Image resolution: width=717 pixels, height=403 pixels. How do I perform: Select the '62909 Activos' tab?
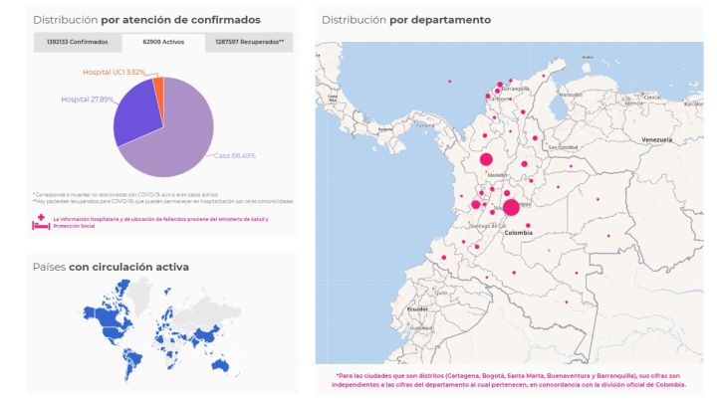click(x=163, y=43)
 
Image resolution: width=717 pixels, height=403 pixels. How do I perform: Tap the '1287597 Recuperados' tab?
click(x=250, y=43)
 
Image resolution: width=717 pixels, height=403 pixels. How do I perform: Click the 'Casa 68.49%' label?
click(x=235, y=155)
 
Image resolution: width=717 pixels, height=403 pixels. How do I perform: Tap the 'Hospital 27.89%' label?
click(x=87, y=100)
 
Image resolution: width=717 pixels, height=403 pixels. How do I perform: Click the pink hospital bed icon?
click(x=42, y=222)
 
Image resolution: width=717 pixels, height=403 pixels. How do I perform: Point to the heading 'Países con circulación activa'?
click(x=111, y=267)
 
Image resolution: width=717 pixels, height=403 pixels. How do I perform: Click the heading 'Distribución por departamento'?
click(x=406, y=20)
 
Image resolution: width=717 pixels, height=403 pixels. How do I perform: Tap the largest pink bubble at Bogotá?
click(x=511, y=207)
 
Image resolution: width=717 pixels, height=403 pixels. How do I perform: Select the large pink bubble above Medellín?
click(x=486, y=159)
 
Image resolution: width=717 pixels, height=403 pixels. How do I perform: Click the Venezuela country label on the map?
click(x=658, y=138)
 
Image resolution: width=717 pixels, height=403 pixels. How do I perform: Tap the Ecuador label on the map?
click(x=417, y=308)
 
